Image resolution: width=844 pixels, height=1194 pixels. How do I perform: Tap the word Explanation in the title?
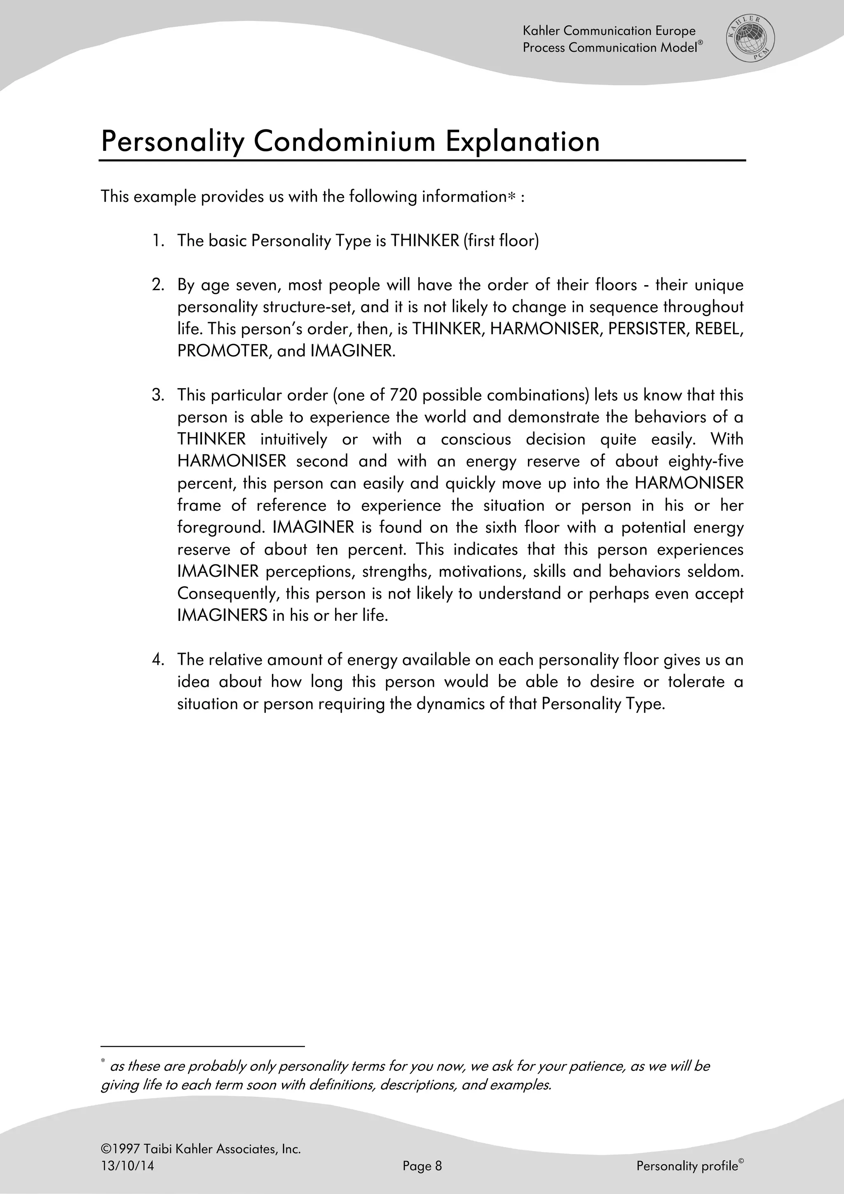point(522,141)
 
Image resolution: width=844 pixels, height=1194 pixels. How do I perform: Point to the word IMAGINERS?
point(222,616)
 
